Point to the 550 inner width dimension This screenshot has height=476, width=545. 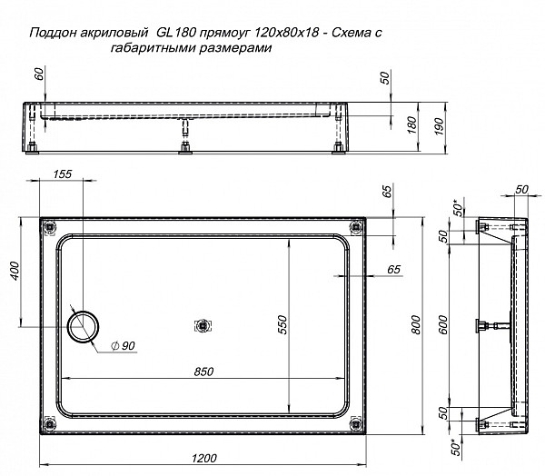282,322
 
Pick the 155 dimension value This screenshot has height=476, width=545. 62,174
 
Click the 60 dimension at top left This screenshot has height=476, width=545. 39,74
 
